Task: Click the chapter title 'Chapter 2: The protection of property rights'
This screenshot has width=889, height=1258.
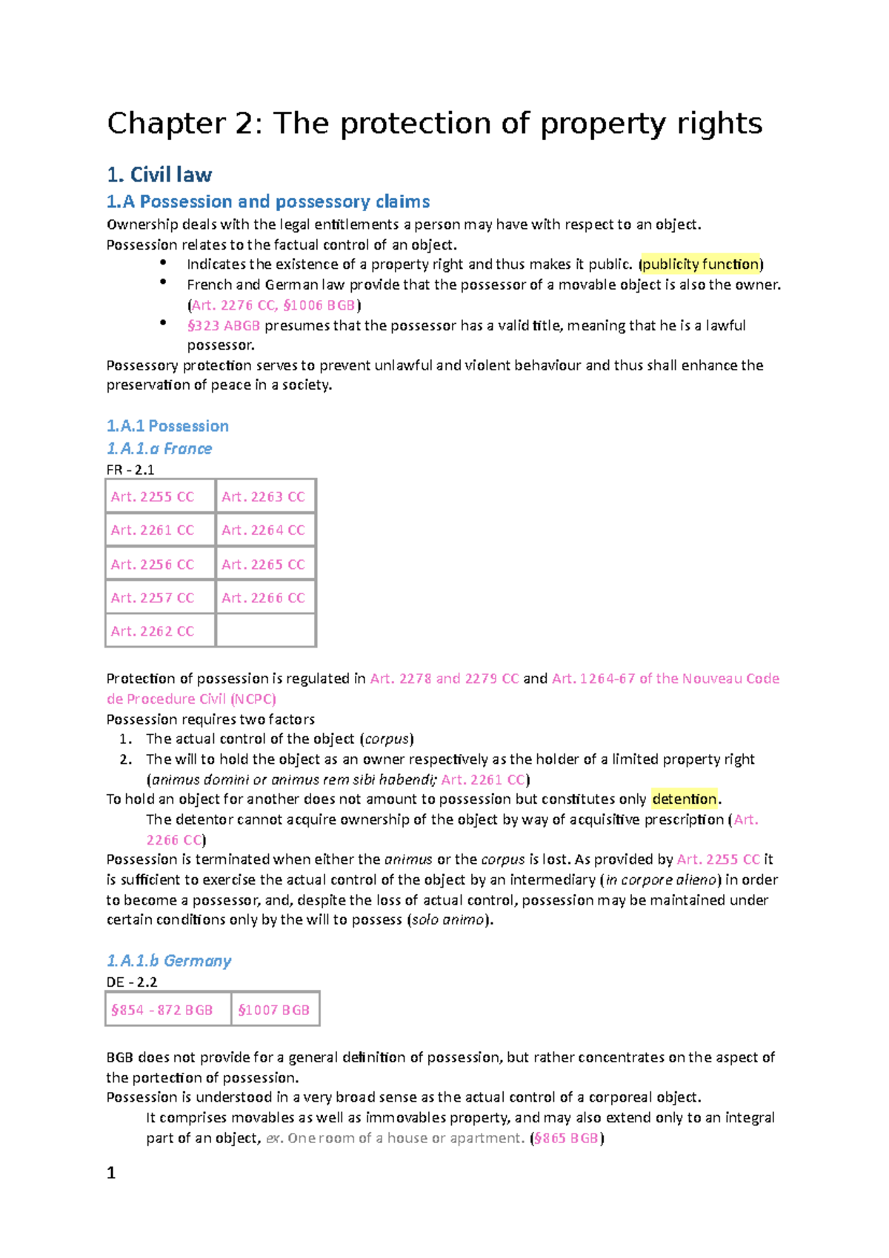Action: (434, 124)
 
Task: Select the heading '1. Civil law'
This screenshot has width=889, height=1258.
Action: (159, 175)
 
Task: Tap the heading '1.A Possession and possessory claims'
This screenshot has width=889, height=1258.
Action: (268, 202)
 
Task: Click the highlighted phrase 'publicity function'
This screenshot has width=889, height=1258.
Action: (701, 264)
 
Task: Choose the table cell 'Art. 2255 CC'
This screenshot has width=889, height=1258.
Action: (153, 497)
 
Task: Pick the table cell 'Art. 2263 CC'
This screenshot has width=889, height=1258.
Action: (263, 497)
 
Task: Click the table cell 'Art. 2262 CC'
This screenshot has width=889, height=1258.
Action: (153, 631)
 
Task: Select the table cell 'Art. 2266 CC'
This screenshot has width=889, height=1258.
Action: (263, 598)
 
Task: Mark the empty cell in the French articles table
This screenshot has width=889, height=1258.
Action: (266, 631)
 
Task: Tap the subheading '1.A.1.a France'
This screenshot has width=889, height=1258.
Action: (159, 448)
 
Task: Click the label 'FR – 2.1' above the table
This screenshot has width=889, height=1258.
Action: (130, 470)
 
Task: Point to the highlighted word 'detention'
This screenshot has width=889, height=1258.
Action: (685, 799)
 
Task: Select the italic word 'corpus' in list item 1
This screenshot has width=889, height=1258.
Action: (387, 739)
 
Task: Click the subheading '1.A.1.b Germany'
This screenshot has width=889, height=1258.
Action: (169, 961)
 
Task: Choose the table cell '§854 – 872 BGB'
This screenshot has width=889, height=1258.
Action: (162, 1010)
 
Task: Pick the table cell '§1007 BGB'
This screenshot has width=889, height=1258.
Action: (274, 1010)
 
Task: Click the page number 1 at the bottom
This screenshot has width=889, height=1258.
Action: (111, 1173)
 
